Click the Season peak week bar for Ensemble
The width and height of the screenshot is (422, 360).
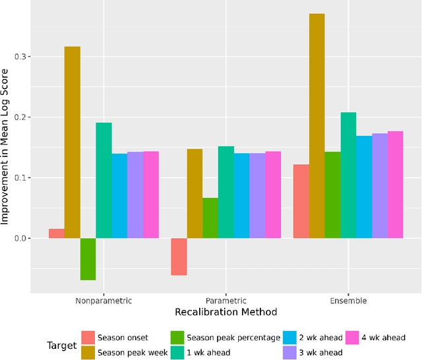(316, 126)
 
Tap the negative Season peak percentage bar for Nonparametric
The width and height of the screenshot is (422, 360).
(88, 259)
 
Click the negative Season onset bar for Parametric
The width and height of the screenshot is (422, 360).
(179, 256)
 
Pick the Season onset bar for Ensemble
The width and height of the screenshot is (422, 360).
(301, 201)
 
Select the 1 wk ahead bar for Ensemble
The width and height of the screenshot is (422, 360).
(348, 175)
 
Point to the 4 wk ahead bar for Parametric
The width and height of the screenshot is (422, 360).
(273, 195)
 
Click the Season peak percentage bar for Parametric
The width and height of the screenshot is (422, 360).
(210, 218)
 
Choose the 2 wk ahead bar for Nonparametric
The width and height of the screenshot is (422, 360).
(119, 196)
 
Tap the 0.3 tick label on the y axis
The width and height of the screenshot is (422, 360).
(22, 57)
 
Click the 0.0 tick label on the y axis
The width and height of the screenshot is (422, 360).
(22, 238)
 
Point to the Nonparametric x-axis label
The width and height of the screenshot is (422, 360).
(104, 301)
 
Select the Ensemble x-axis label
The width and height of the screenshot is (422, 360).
(348, 301)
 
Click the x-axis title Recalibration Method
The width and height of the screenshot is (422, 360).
(226, 312)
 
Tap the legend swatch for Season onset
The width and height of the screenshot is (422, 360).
(88, 338)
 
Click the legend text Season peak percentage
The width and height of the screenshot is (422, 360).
(233, 338)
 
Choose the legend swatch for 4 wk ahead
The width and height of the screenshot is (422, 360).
(352, 338)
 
